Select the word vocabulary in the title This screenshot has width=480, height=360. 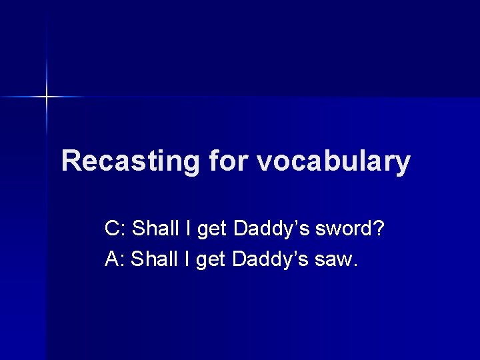click(x=333, y=161)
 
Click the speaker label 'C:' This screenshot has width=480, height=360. click(x=115, y=229)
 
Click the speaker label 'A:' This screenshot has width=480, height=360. click(x=115, y=258)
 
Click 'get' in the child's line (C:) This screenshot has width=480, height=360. click(x=213, y=230)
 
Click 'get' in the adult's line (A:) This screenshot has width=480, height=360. click(x=211, y=259)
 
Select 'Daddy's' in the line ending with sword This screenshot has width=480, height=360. click(x=271, y=229)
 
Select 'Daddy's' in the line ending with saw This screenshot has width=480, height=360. click(x=269, y=258)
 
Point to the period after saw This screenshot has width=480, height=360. click(x=356, y=265)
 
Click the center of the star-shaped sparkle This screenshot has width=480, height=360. click(x=47, y=97)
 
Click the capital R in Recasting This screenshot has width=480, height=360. click(x=71, y=161)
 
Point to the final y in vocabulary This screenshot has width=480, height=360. click(x=402, y=164)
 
